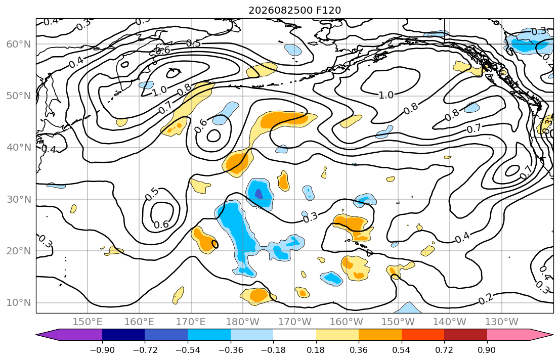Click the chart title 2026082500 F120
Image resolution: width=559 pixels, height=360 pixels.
point(294,10)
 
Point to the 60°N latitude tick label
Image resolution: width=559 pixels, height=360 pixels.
point(19,44)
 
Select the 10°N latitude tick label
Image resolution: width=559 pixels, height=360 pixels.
point(19,303)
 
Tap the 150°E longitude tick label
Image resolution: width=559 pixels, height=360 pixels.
point(88,322)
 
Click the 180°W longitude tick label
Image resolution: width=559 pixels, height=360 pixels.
point(243,322)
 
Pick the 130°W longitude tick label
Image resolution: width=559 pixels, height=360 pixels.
point(502,322)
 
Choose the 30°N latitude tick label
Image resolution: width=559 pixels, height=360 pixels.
point(19,199)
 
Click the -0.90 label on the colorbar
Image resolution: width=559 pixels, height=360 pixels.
point(102,350)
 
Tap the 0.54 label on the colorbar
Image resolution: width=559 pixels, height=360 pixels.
point(402,350)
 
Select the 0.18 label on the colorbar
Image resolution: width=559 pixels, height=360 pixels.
point(316,350)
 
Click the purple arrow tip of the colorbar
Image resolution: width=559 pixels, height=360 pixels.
point(37,335)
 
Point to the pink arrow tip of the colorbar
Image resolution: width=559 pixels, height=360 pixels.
point(552,335)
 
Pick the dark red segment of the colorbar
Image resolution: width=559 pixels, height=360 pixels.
point(465,335)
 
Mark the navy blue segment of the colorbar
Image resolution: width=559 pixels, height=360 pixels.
point(123,335)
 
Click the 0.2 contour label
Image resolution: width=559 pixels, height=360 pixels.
point(486,299)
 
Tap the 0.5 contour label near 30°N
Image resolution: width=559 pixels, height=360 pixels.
point(152,193)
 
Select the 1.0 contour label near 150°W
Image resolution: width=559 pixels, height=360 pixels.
point(386,95)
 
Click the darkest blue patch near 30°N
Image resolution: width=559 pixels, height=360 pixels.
point(259,194)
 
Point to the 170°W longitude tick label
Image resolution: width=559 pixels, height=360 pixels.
point(295,322)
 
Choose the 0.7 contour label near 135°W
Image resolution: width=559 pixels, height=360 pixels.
point(474,128)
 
